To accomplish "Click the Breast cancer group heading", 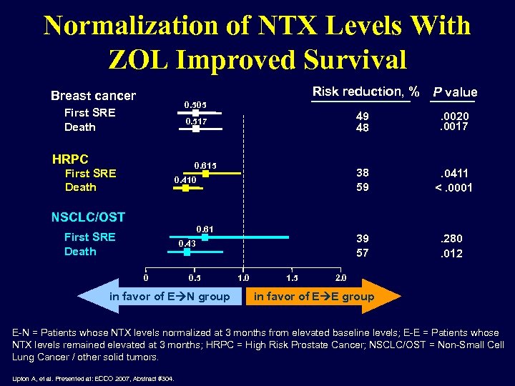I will (x=93, y=96).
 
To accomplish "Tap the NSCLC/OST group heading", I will (x=88, y=217).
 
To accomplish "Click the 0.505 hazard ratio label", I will (x=195, y=104).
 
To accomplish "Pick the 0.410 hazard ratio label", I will (x=186, y=179).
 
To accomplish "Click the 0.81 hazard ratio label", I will (x=205, y=229).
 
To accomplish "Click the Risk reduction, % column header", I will (x=366, y=91).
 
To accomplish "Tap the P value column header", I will (x=454, y=92).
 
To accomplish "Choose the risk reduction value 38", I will (x=363, y=173).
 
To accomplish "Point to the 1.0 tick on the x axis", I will (x=243, y=277).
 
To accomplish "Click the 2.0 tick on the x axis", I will (x=340, y=277).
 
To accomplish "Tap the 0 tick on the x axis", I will (x=146, y=277).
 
